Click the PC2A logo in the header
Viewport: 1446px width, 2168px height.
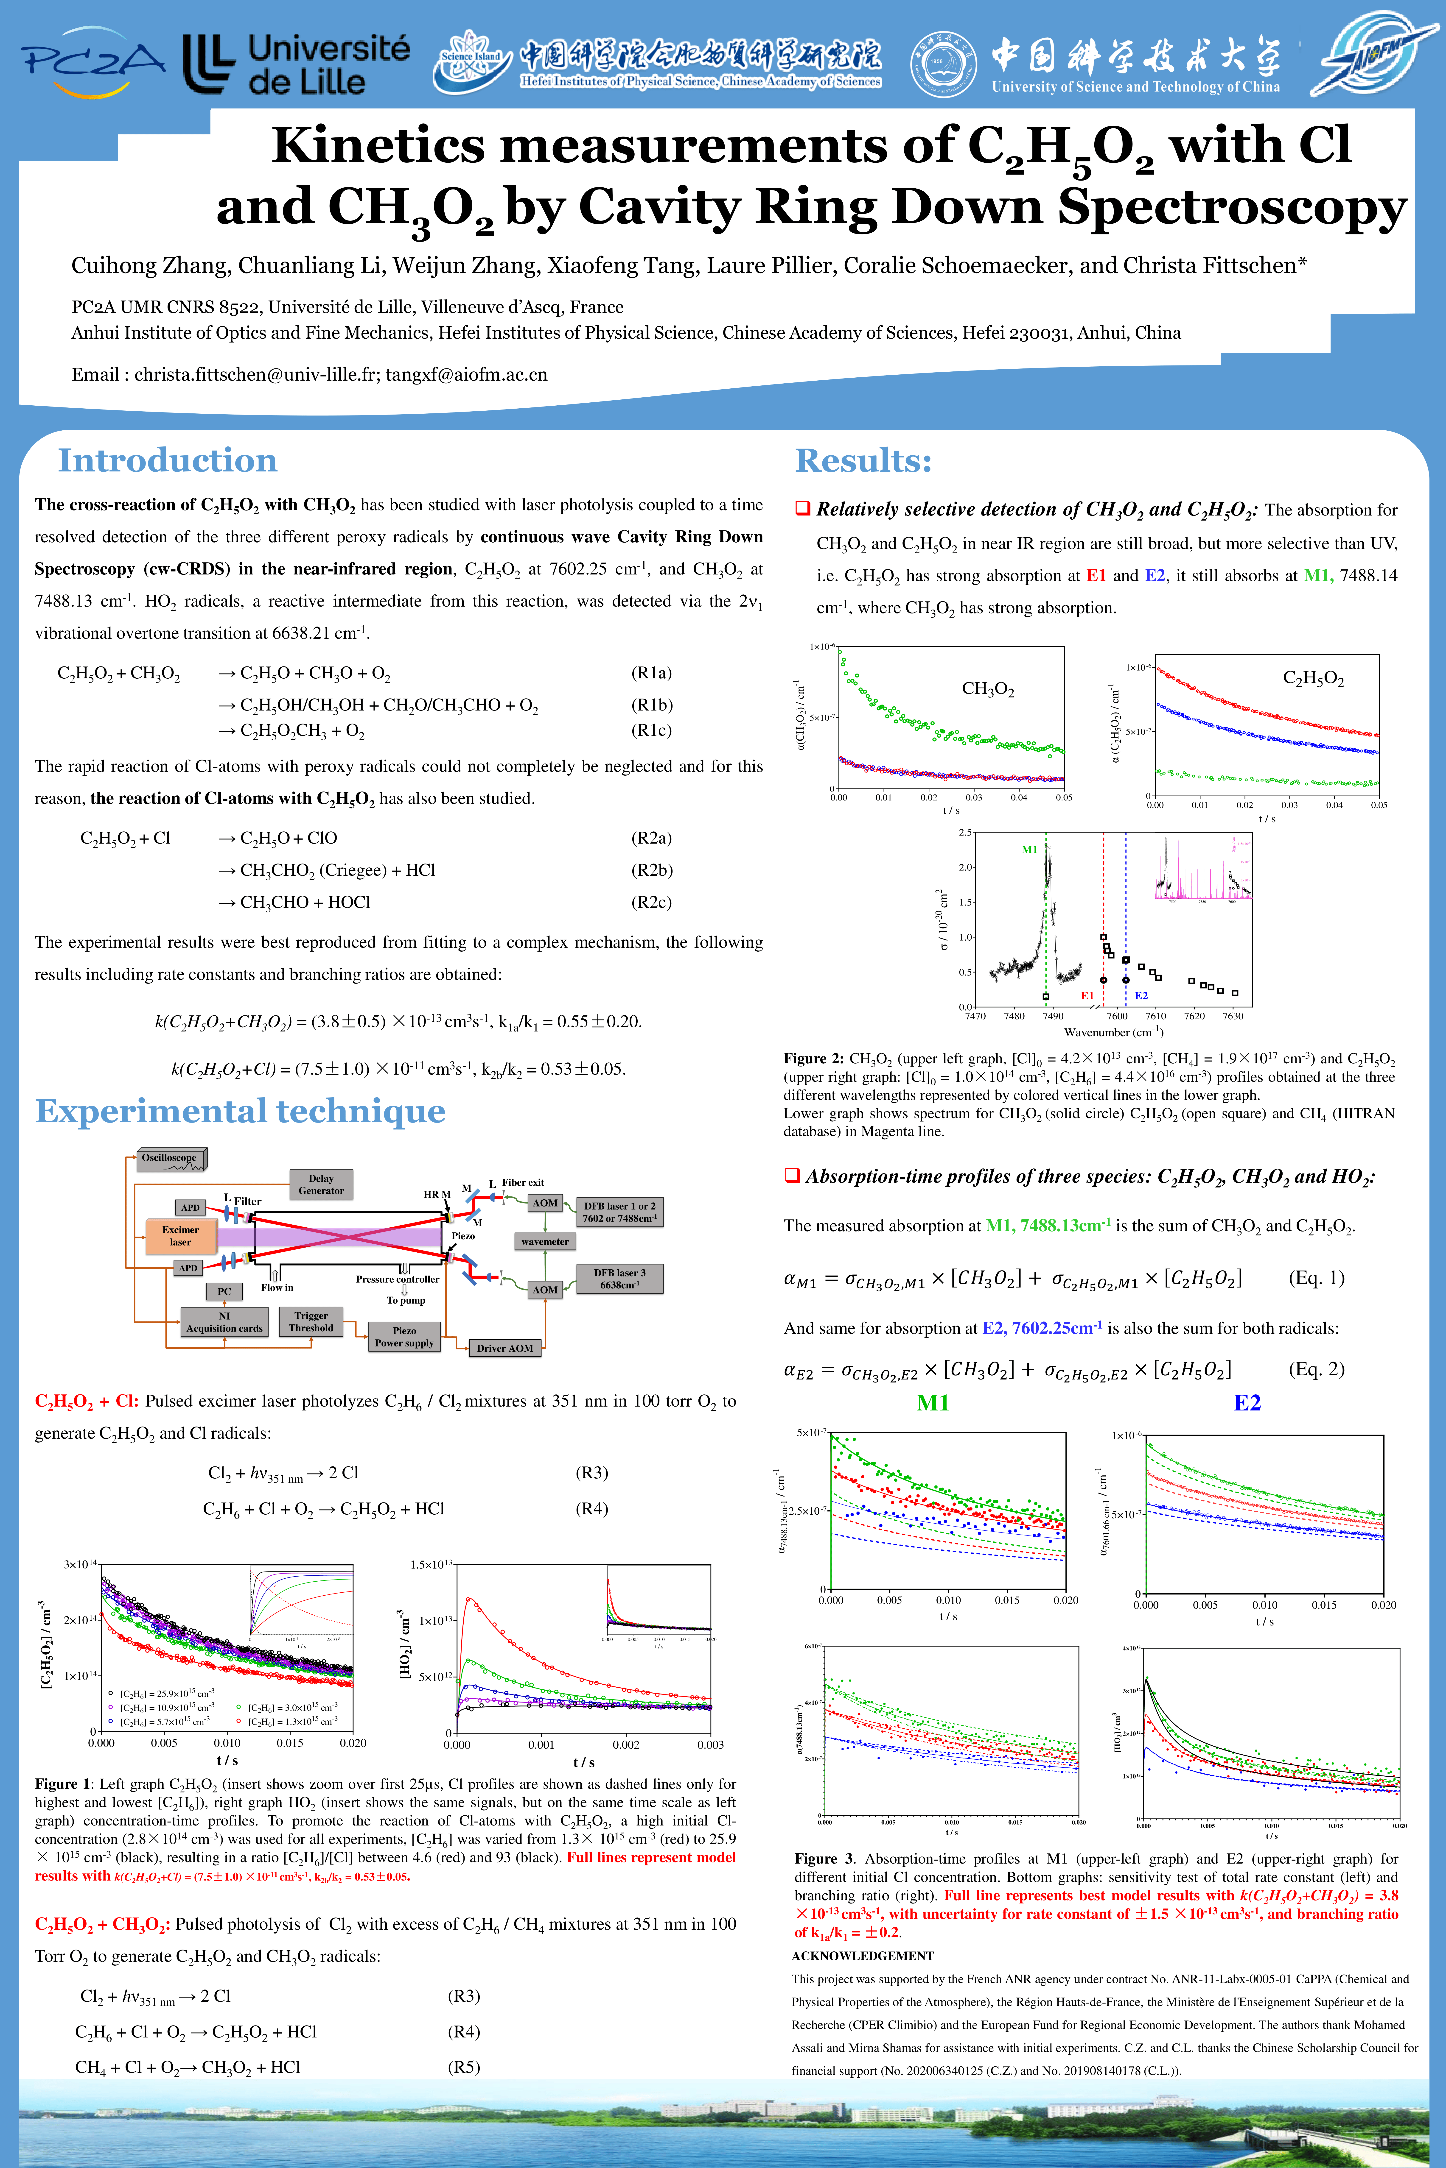[x=92, y=63]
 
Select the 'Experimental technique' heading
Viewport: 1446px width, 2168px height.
[x=240, y=1112]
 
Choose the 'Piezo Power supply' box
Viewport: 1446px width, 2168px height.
[x=404, y=1337]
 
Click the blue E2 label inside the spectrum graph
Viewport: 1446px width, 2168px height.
[x=1141, y=995]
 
